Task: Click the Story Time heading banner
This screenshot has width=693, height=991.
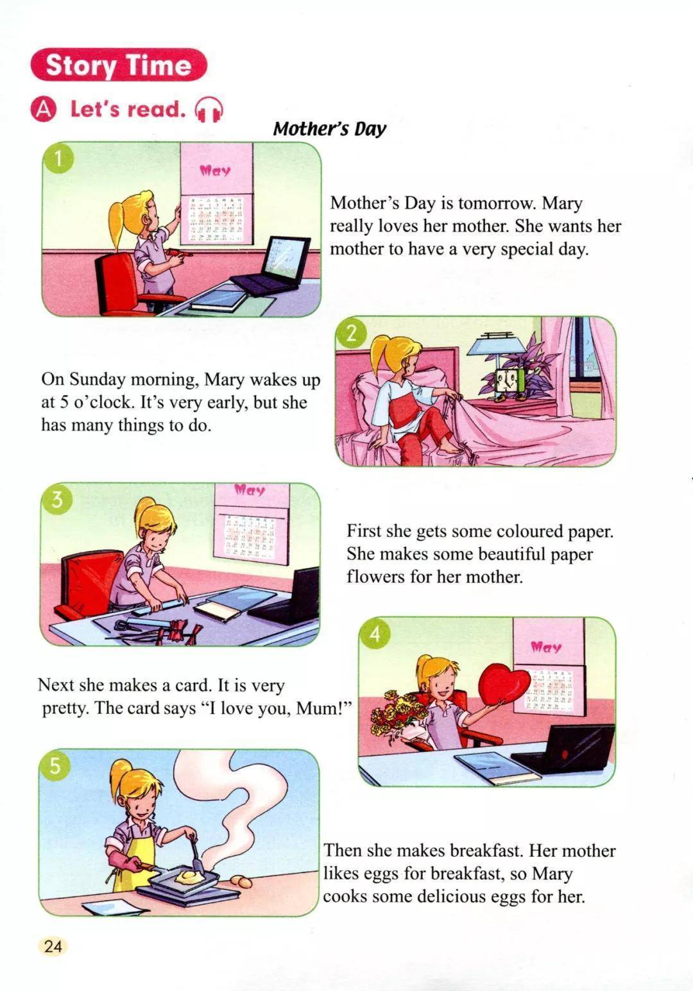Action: [119, 65]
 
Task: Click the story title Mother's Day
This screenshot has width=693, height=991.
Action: [330, 129]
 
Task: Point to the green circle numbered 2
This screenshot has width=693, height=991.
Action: [352, 334]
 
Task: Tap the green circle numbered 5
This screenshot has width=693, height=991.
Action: [54, 765]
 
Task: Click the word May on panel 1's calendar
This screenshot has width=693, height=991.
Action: [216, 171]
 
